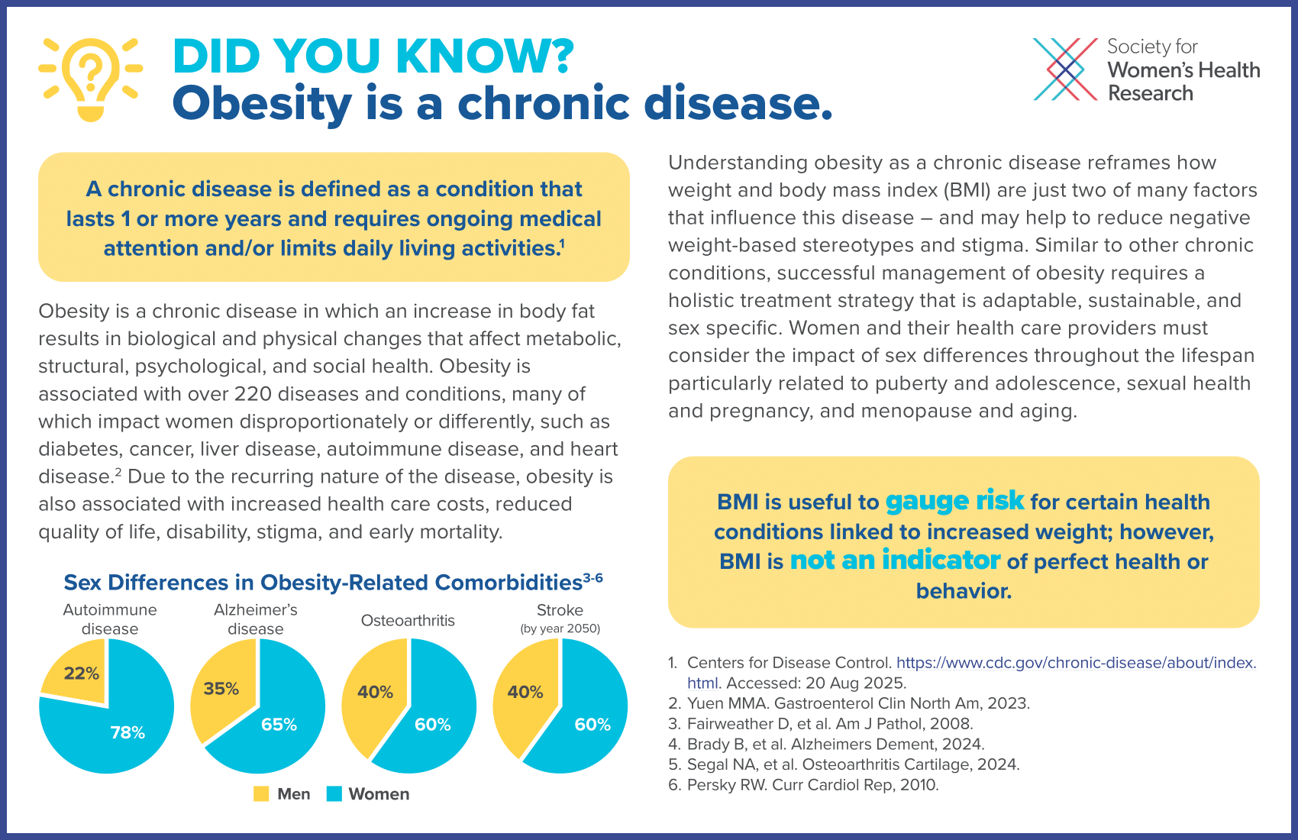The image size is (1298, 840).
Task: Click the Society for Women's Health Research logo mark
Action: (1065, 69)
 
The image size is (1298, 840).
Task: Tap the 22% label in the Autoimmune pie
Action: (82, 674)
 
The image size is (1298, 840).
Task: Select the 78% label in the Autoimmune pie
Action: (128, 733)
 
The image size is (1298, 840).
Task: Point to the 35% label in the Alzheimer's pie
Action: (221, 689)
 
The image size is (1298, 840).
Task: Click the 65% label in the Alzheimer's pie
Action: (279, 725)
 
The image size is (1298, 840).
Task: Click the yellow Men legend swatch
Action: (261, 794)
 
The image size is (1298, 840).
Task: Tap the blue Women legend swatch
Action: (334, 794)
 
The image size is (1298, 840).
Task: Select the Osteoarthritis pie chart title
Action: (408, 621)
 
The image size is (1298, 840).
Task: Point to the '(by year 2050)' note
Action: (560, 629)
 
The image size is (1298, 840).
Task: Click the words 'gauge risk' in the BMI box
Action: (954, 501)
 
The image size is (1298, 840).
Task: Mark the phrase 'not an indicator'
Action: (895, 561)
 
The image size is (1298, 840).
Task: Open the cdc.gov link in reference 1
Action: (1075, 663)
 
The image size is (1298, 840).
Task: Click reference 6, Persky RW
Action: (812, 785)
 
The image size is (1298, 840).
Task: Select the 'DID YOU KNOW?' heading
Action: (373, 56)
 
